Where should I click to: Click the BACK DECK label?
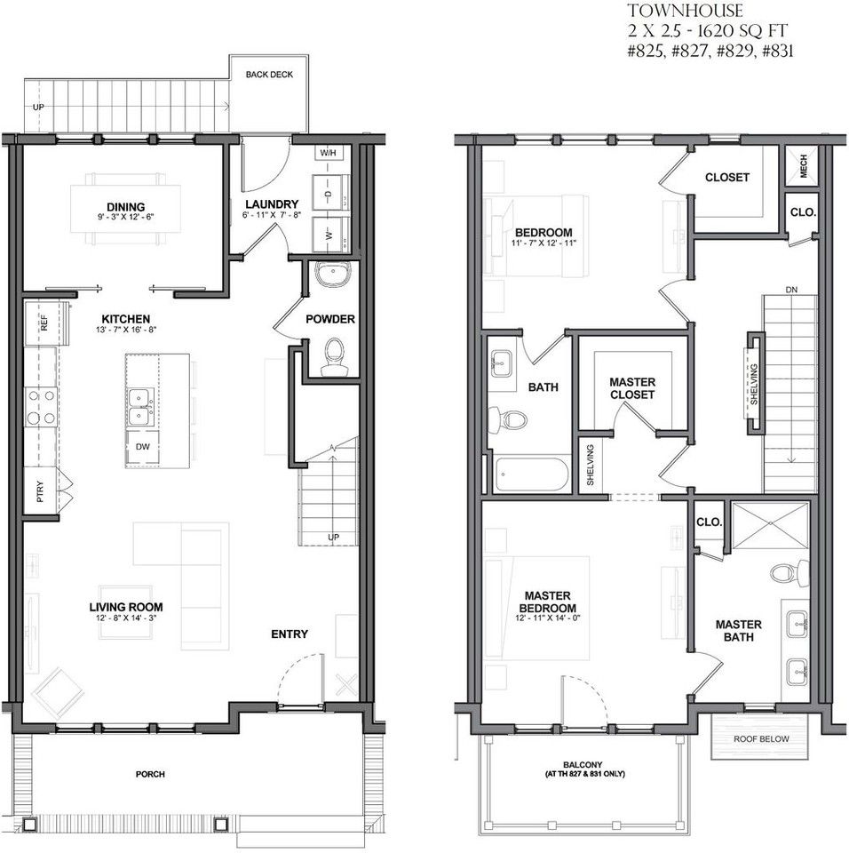(269, 75)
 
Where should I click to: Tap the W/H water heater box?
(329, 153)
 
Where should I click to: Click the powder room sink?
(333, 275)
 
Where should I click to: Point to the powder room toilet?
(335, 356)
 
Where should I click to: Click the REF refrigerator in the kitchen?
(44, 323)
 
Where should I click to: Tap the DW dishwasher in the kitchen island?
(142, 448)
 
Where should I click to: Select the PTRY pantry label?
(40, 490)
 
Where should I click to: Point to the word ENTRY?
(290, 634)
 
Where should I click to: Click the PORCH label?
(150, 774)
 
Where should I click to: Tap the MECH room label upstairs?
(804, 165)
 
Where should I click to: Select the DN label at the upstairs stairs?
(791, 290)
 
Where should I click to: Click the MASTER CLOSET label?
(632, 388)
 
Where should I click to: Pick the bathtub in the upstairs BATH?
(532, 474)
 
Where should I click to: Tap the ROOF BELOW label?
(761, 738)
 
